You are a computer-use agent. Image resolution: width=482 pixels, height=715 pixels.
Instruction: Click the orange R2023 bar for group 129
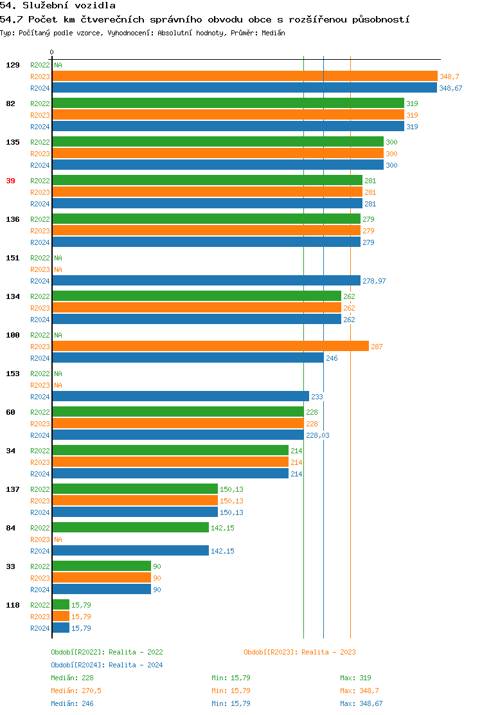coord(244,77)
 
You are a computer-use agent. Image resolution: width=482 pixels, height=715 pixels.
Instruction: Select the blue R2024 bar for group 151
coord(206,281)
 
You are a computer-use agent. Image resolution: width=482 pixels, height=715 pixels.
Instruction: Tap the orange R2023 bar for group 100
coord(210,347)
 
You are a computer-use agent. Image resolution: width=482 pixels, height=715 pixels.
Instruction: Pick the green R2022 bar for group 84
coord(130,528)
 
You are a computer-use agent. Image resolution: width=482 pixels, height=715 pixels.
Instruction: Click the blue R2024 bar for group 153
coord(180,397)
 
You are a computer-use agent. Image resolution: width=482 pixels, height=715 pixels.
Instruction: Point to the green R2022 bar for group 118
coord(60,605)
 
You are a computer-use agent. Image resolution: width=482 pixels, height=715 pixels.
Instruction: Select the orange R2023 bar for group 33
coord(102,578)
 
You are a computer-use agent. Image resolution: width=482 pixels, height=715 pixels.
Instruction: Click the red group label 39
coord(10,181)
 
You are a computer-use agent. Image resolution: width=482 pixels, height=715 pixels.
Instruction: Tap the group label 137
coord(13,489)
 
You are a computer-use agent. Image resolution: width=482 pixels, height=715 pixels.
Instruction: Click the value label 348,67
coord(451,88)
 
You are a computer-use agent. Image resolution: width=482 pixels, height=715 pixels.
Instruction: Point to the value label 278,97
coord(374,281)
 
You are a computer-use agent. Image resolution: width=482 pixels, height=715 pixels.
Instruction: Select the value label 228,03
coord(317,435)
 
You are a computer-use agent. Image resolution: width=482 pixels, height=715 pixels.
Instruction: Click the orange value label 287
coord(377,347)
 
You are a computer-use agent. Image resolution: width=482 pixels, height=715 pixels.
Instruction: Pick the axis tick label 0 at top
coord(52,52)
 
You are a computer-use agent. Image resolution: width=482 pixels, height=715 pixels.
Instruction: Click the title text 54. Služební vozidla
coord(58,6)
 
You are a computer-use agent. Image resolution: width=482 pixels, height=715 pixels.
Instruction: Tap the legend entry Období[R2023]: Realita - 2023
coord(299,652)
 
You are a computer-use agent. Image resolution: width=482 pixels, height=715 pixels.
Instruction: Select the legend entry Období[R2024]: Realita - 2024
coord(107,665)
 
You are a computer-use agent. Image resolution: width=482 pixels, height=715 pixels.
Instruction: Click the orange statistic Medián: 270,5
coord(76,691)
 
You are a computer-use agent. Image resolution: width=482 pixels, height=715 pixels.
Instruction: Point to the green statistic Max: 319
coord(355,678)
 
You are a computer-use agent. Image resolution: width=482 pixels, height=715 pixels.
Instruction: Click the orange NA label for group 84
coord(58,539)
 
